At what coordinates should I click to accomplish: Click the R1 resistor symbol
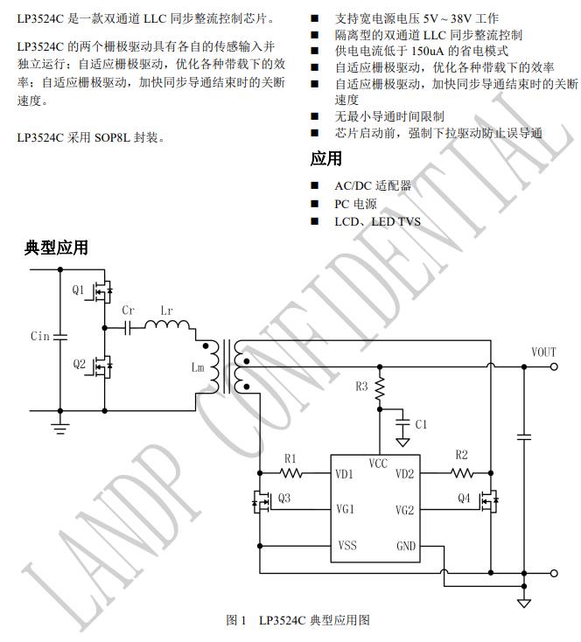point(290,473)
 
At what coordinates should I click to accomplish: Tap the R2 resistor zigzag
point(462,473)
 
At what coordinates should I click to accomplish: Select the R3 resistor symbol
point(380,388)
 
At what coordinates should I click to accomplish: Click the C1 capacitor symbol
point(402,422)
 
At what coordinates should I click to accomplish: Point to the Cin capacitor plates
point(60,337)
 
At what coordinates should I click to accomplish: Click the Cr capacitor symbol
point(128,327)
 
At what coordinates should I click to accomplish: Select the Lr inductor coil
point(167,324)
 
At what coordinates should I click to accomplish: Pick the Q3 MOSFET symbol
point(262,502)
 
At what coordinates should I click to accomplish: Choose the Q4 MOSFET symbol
point(489,501)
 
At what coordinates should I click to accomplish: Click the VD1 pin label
point(344,474)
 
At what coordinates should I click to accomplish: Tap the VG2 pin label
point(404,510)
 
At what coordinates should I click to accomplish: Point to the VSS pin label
point(347,546)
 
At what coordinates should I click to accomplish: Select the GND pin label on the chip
point(406,546)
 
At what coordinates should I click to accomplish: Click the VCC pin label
point(378,464)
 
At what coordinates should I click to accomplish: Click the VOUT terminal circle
point(554,366)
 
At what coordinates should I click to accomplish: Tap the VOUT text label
point(543,352)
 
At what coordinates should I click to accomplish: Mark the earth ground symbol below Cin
point(60,429)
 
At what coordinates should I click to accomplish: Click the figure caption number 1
point(243,620)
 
